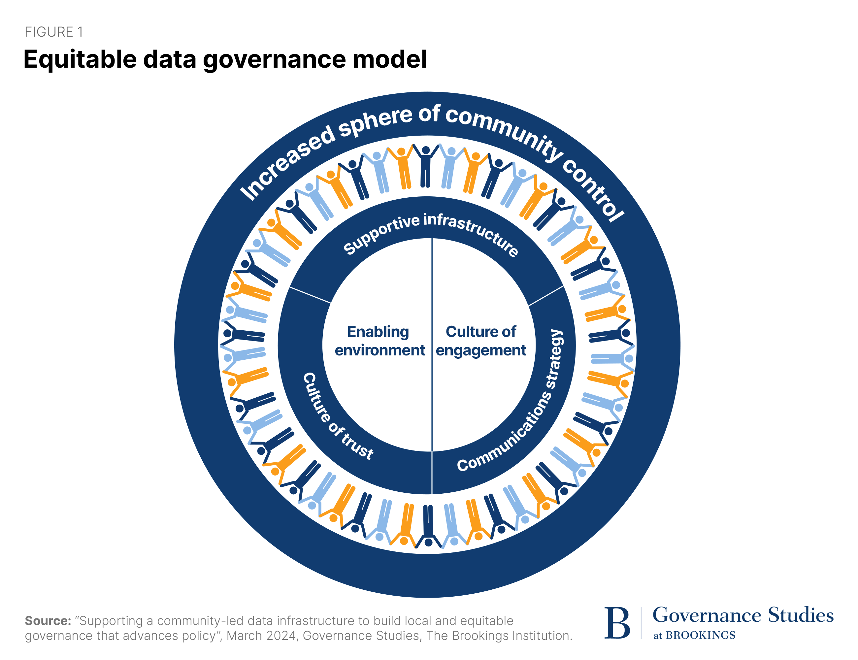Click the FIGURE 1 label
(x=54, y=32)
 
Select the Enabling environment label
(x=379, y=341)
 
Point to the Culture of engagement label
(x=480, y=341)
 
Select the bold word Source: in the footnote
(x=48, y=621)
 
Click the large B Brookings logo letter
(x=617, y=623)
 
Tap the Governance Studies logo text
(x=742, y=615)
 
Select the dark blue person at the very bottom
(x=428, y=526)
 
